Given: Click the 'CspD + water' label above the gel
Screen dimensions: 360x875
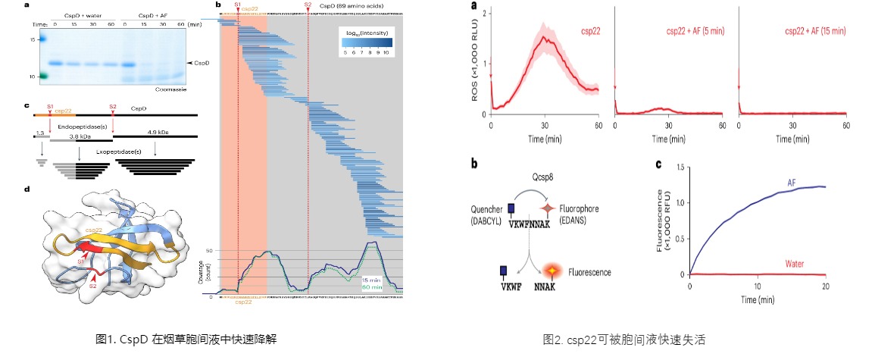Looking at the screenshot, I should [85, 15].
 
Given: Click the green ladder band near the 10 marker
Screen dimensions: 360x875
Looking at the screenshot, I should [43, 76].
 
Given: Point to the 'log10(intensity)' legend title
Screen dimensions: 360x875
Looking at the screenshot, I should [364, 33].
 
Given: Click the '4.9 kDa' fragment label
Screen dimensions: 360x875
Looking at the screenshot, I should [158, 130].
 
